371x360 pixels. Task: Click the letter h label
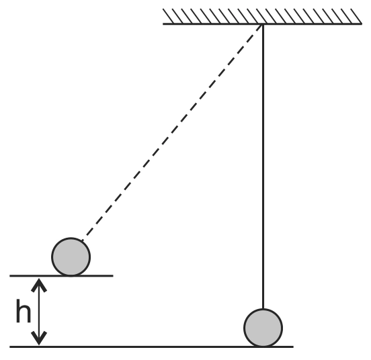pyautogui.click(x=24, y=310)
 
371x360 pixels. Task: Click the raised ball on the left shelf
pyautogui.click(x=71, y=257)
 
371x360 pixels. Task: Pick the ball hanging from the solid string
pyautogui.click(x=263, y=328)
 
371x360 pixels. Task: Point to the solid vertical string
pyautogui.click(x=263, y=166)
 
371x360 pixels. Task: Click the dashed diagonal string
pyautogui.click(x=172, y=132)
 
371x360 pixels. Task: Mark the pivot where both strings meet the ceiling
pyautogui.click(x=263, y=24)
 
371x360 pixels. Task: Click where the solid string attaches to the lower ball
pyautogui.click(x=263, y=309)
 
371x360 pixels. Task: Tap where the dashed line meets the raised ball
pyautogui.click(x=83, y=240)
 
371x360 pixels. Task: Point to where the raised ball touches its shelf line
pyautogui.click(x=71, y=275)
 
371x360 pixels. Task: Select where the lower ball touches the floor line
pyautogui.click(x=263, y=347)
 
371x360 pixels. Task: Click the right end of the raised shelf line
pyautogui.click(x=113, y=275)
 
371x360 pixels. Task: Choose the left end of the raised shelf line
pyautogui.click(x=10, y=275)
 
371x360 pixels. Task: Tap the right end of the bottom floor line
pyautogui.click(x=293, y=347)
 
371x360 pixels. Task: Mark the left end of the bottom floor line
pyautogui.click(x=10, y=347)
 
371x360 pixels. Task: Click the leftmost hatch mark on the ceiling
pyautogui.click(x=169, y=16)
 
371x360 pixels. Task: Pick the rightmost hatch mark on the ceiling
pyautogui.click(x=356, y=16)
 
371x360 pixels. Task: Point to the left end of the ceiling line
pyautogui.click(x=163, y=24)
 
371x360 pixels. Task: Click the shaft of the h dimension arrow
pyautogui.click(x=39, y=312)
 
